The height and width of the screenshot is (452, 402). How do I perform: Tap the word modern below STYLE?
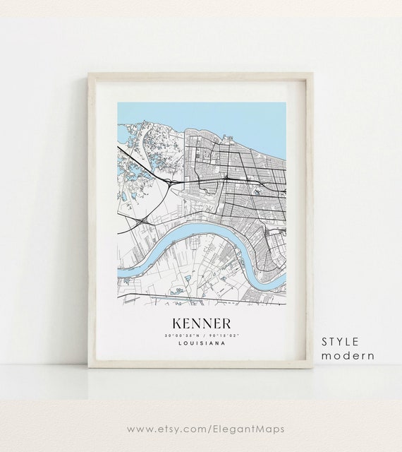pos(348,355)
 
